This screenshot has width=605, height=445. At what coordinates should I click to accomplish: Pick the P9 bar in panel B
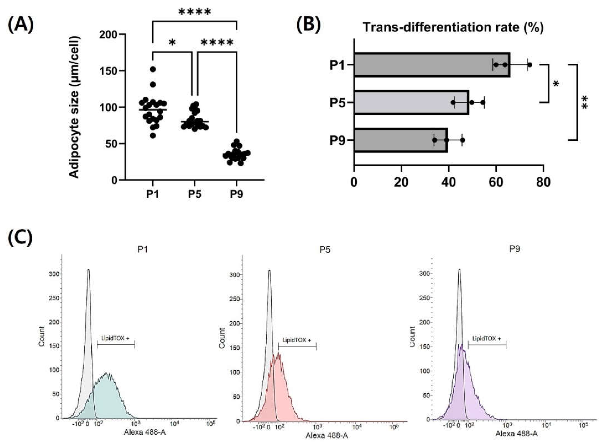[x=400, y=140]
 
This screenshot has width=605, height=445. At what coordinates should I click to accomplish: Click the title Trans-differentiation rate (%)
[x=453, y=28]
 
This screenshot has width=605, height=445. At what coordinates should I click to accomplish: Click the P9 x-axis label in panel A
[x=236, y=194]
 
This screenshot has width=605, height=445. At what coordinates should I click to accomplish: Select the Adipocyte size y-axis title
[x=74, y=107]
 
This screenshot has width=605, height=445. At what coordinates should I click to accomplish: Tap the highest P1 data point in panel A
[x=153, y=69]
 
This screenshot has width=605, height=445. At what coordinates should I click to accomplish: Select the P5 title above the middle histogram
[x=325, y=250]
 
